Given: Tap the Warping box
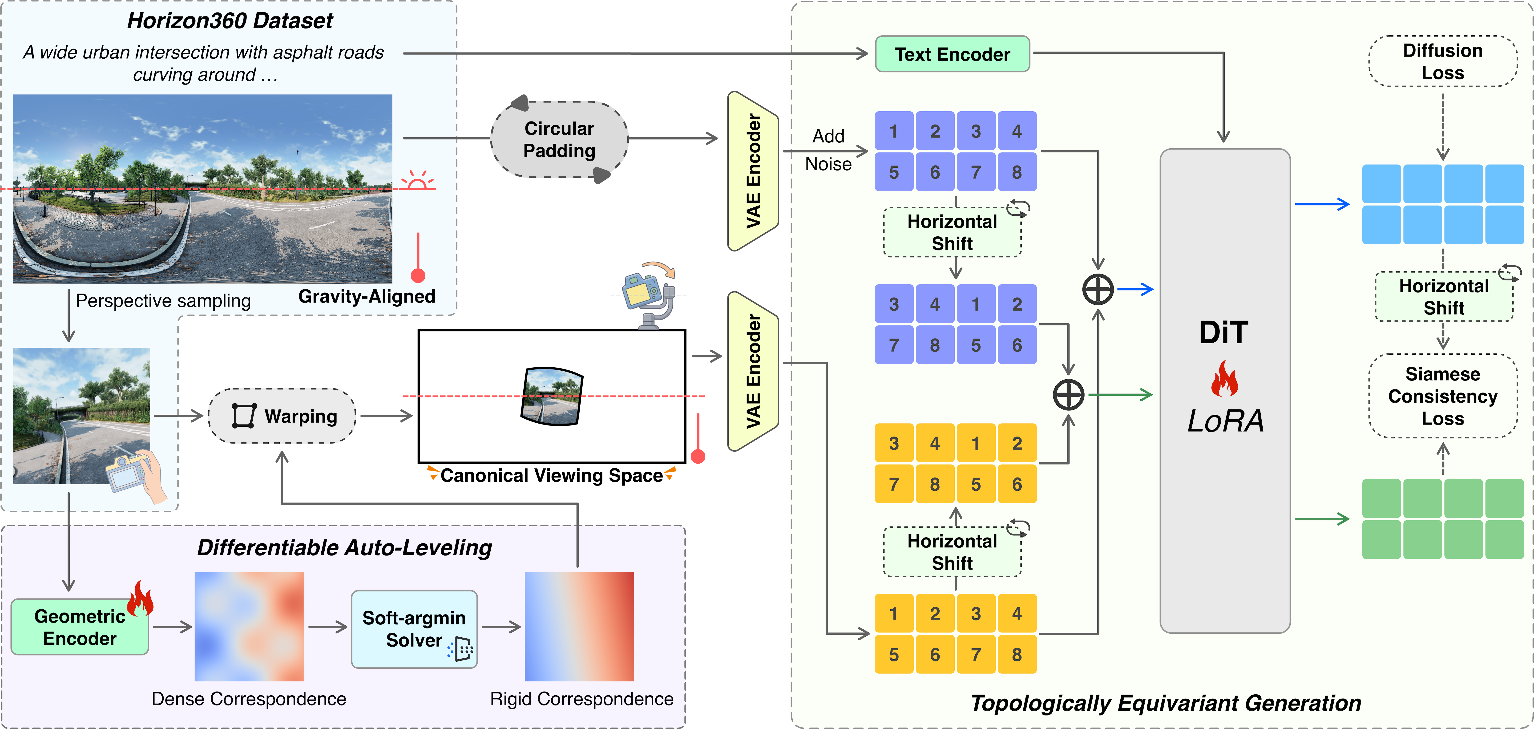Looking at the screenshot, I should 282,416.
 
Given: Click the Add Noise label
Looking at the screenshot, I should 828,150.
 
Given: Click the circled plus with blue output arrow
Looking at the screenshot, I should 1098,290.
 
